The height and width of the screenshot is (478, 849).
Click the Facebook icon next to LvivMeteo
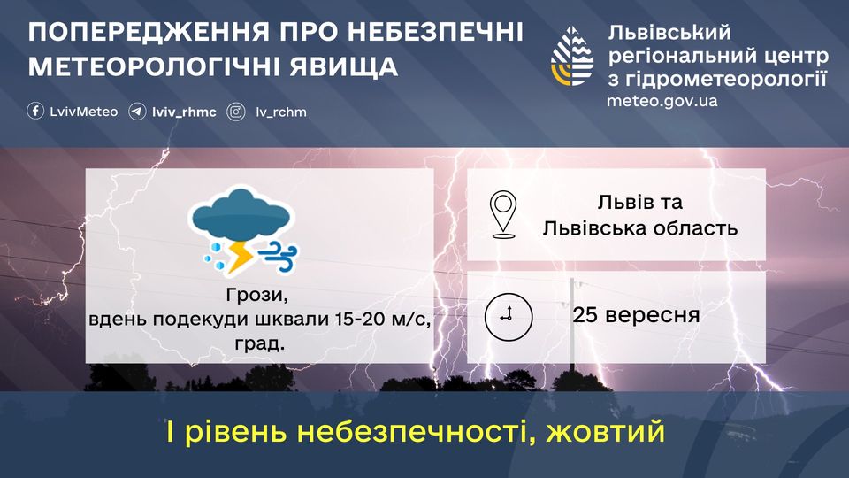coord(35,112)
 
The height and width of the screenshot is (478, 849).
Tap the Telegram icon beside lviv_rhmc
coord(137,112)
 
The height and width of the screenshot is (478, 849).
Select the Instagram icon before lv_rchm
coord(236,112)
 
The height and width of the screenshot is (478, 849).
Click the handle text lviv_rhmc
coord(184,112)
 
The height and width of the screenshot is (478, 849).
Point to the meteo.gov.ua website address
coord(662,101)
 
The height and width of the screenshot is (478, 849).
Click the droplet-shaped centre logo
coord(572,56)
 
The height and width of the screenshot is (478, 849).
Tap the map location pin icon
coord(503,214)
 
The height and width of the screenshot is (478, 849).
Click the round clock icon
coord(509,317)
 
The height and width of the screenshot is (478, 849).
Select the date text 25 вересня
coord(636,315)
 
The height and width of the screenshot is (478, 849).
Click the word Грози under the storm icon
coord(257,296)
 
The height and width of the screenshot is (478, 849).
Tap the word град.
coord(259,343)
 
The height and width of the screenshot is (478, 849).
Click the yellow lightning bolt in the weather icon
coord(240,257)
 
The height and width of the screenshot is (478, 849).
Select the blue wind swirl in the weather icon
coord(279,257)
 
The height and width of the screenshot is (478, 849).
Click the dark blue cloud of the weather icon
coord(241,214)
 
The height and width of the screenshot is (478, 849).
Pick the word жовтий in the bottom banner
coord(605,432)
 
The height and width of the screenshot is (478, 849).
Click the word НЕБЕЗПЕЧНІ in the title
coord(435,33)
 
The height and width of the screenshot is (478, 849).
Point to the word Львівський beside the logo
coord(669,33)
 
